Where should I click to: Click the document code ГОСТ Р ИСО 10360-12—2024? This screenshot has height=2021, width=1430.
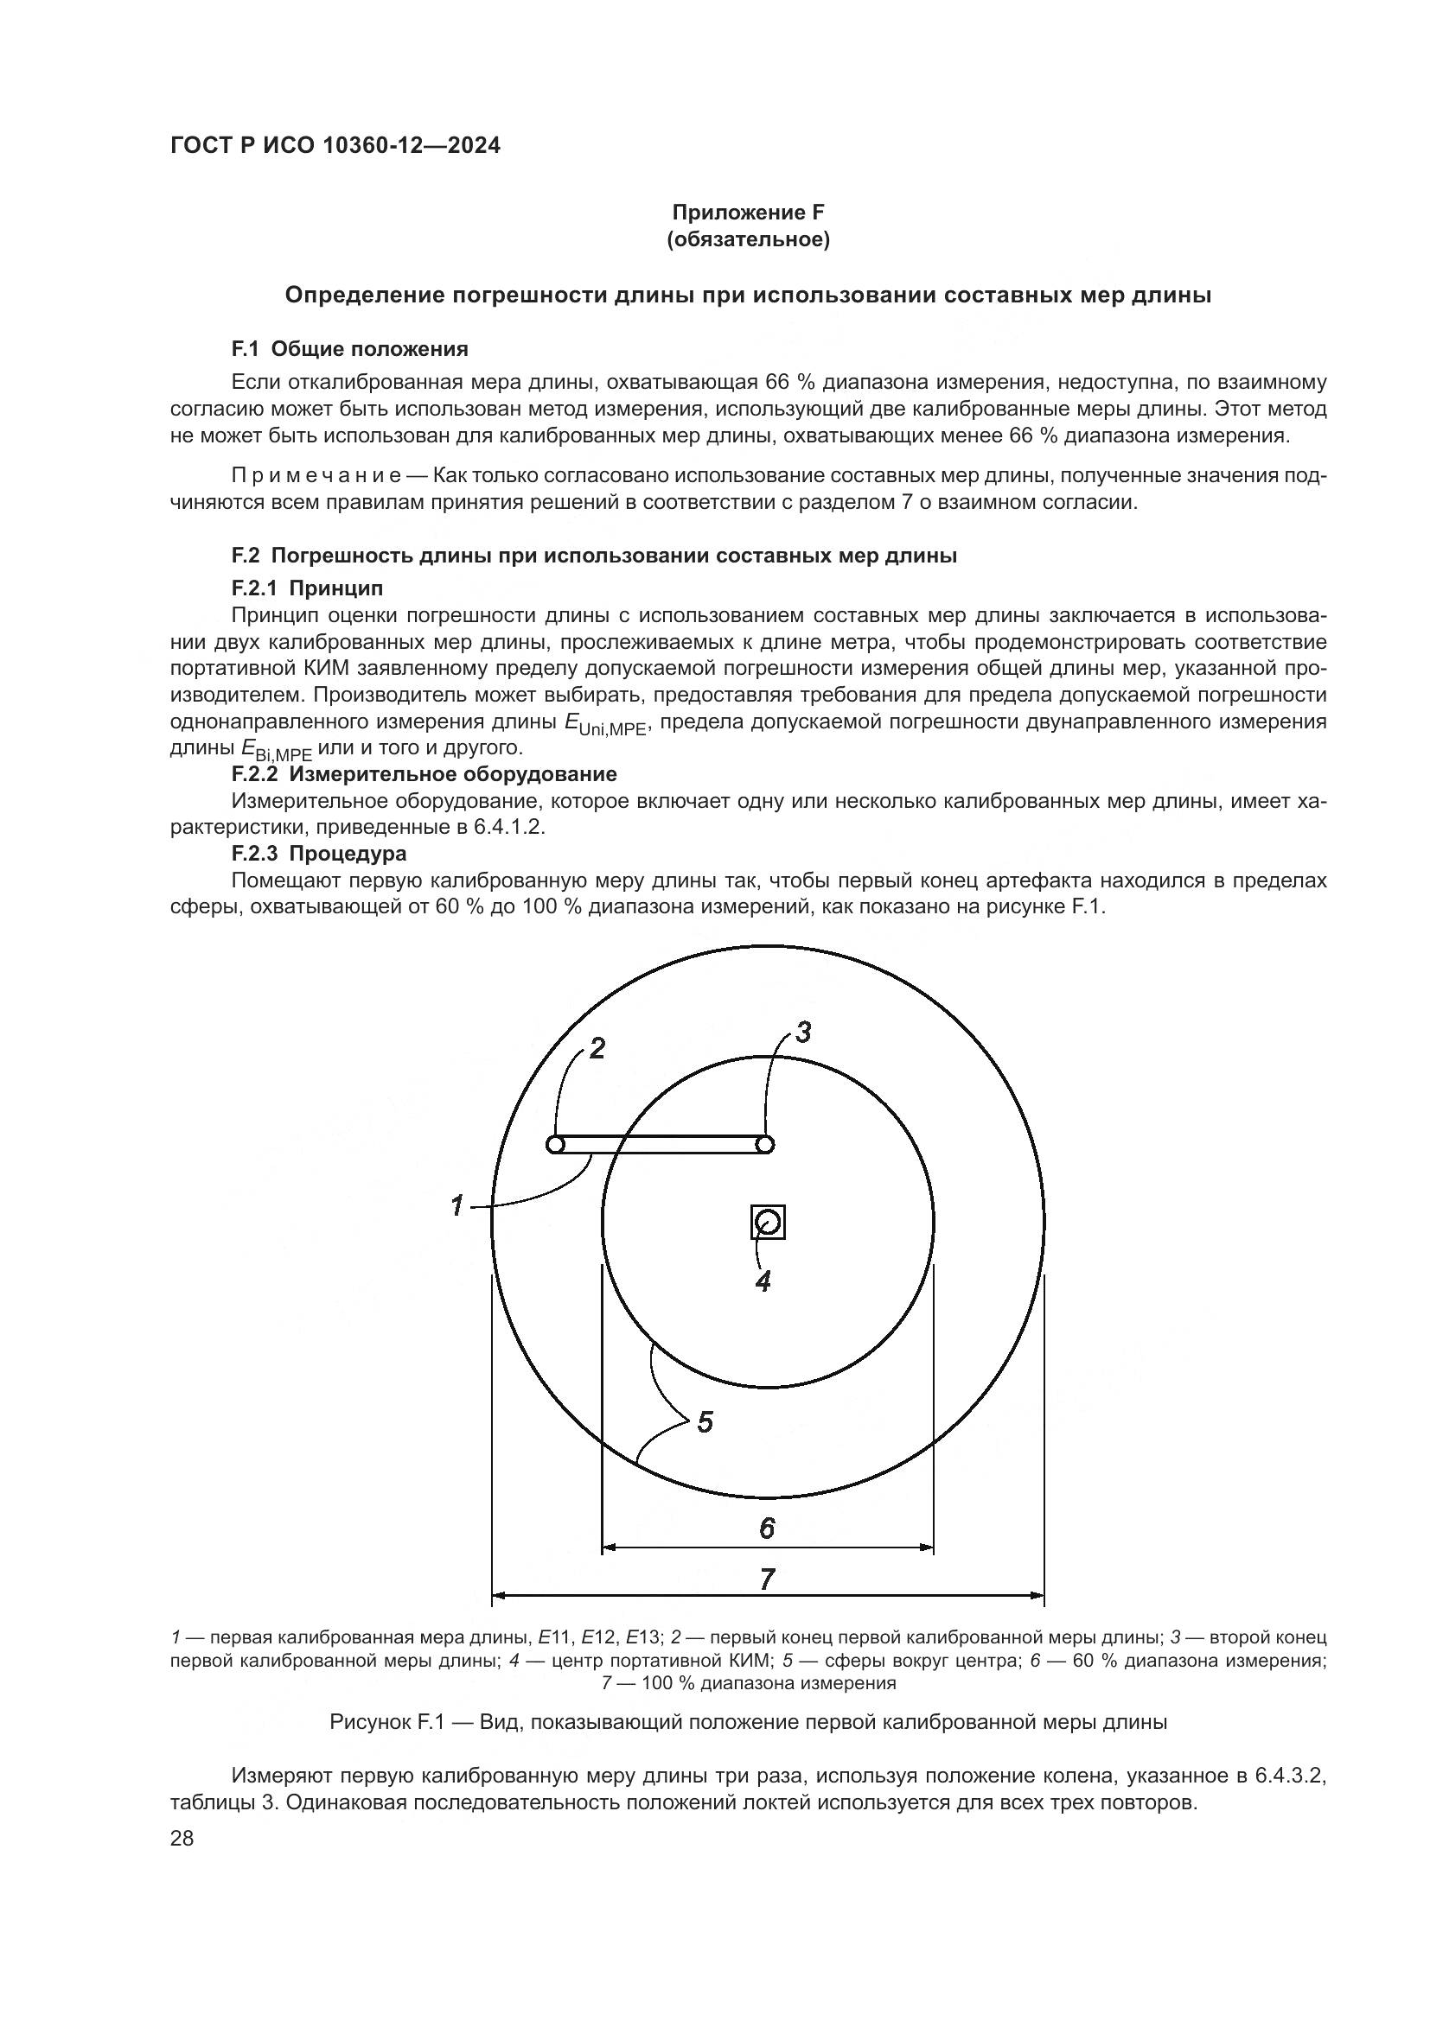coord(335,146)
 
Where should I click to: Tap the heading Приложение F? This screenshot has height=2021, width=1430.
coord(748,213)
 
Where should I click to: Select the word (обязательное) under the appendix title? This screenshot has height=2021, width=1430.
coord(748,240)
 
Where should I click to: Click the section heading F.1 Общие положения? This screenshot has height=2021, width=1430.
coord(349,349)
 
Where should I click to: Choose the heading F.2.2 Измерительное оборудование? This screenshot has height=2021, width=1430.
coord(424,773)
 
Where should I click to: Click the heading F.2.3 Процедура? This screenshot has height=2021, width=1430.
coord(319,853)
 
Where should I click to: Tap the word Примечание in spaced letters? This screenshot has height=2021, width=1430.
coord(316,476)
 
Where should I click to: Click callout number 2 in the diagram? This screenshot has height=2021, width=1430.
coord(597,1048)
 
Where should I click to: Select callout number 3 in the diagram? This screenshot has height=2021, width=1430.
coord(802,1032)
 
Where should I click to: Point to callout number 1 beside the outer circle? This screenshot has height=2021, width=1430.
coord(457,1205)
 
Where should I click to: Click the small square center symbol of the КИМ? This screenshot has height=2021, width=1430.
coord(767,1223)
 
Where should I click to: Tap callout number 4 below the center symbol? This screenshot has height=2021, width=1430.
coord(763,1281)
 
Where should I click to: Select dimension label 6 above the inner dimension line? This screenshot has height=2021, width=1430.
coord(767,1528)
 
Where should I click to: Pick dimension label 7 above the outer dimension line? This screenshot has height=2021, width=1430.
coord(767,1580)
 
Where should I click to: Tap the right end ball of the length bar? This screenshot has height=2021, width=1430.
coord(765,1144)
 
